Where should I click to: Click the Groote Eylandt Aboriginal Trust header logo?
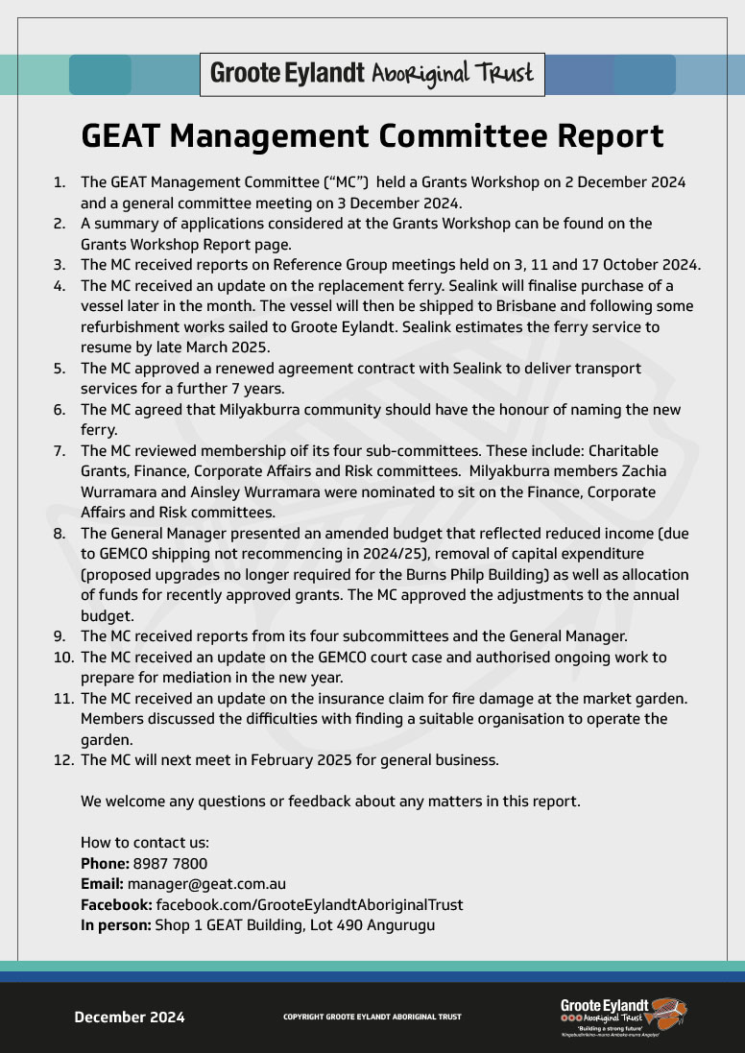click(372, 74)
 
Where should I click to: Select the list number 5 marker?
click(60, 369)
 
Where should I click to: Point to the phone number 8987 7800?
click(170, 864)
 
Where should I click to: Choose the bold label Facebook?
click(116, 905)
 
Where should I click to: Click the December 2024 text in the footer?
click(130, 1017)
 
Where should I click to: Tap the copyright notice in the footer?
click(372, 1017)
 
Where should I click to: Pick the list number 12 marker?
click(63, 760)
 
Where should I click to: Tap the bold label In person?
click(115, 925)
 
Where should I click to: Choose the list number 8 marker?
click(60, 534)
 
